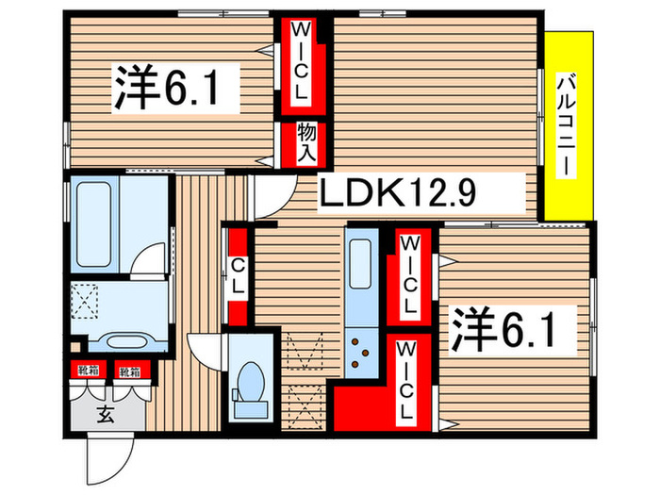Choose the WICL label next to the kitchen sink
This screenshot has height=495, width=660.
407,276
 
